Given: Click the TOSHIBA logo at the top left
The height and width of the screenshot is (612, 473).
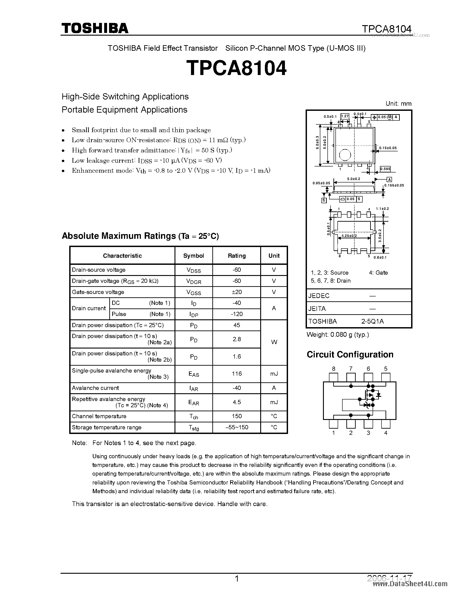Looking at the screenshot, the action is coord(95,28).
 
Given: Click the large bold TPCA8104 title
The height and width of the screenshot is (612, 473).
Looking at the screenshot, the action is coord(236,68).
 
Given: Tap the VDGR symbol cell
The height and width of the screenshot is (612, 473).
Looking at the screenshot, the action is coord(194,281).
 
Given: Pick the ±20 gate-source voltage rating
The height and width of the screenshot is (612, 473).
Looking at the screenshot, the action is coord(237,292).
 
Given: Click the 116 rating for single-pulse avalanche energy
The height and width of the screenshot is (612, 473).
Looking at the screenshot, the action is coord(237,373).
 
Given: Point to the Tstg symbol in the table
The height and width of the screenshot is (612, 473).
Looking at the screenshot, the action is coord(194,428).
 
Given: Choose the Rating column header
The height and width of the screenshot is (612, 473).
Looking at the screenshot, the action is coord(237,255).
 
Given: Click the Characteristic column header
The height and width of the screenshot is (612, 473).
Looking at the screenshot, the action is coord(122,255).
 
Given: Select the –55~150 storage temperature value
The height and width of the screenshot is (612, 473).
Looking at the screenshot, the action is coord(237,427).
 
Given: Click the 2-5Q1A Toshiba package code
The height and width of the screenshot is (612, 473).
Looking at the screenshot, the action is coord(372,321).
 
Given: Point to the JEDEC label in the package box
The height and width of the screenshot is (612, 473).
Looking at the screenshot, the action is coord(319,296).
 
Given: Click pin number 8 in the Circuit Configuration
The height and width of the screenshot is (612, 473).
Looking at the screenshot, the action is coord(333,369).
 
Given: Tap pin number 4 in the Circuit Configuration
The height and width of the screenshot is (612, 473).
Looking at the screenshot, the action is coord(386,433).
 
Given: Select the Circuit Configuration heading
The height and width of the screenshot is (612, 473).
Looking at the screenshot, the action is coord(350,355).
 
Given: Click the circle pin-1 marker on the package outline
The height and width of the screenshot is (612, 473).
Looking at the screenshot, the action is coord(345,155).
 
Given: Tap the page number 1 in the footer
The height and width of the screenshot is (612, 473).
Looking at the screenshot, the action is coord(237,579).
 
